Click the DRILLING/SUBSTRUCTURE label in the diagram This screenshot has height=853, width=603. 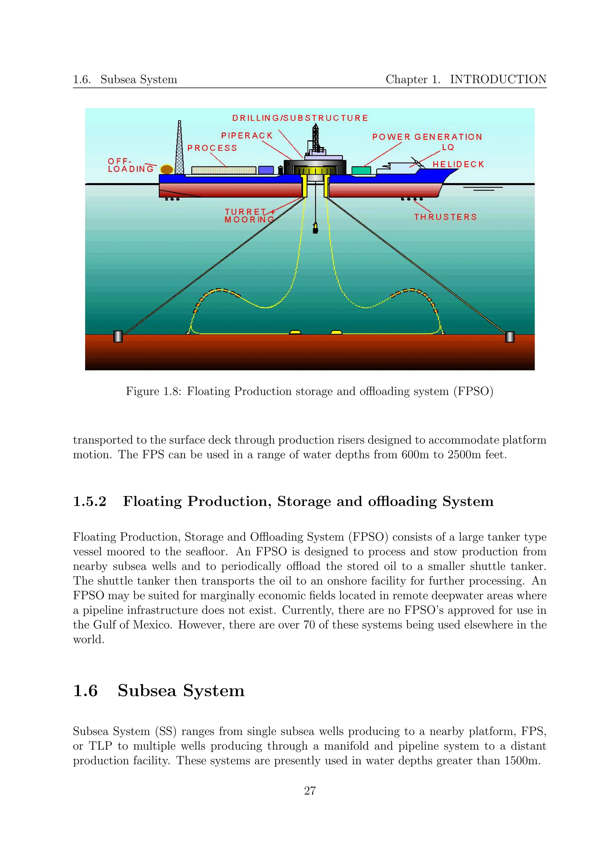coord(300,118)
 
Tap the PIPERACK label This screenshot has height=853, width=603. coord(247,135)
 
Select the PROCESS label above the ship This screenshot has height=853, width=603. coord(212,148)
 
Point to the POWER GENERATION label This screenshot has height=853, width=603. coord(427,137)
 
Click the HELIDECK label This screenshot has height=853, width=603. coord(458,164)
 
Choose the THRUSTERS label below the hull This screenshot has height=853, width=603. coord(445,217)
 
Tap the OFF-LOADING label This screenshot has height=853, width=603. coord(130,165)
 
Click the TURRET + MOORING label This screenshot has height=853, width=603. coord(249,216)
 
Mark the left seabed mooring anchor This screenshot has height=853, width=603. coord(118,337)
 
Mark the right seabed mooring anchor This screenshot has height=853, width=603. coord(510,337)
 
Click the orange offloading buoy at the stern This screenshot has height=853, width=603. coord(167,169)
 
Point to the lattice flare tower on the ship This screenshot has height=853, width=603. coord(180,149)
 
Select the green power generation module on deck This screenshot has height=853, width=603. coord(361,170)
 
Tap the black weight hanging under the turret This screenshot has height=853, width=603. coord(316,228)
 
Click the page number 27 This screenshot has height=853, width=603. coord(310,791)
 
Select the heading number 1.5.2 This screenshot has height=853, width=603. coord(90,502)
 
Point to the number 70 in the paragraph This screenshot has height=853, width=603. coord(309,625)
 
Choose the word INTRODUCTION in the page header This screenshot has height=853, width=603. coord(498,79)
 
